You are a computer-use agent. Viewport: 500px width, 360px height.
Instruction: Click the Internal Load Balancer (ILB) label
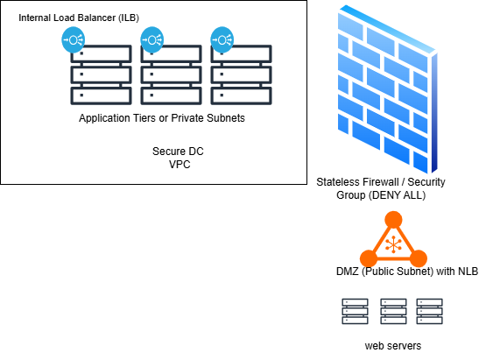pos(79,18)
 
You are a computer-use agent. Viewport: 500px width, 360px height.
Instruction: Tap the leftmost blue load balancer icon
pos(73,40)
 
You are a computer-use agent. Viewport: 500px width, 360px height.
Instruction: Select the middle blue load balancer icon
pos(152,40)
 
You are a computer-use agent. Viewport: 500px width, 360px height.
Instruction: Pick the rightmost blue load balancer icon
pos(222,40)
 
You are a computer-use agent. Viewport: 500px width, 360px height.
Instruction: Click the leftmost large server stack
pos(101,75)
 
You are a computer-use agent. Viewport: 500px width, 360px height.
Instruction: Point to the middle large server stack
pos(172,75)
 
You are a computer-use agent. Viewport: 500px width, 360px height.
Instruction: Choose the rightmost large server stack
pos(242,75)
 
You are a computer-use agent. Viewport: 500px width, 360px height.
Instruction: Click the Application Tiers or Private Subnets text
pos(162,118)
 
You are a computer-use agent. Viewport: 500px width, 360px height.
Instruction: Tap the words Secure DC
pos(178,152)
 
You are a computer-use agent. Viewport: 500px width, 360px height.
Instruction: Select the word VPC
pos(180,165)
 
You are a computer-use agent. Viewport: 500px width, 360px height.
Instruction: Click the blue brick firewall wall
pos(387,89)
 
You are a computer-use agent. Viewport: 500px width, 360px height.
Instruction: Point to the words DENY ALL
pos(397,195)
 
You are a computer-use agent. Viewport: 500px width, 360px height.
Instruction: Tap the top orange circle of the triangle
pos(393,220)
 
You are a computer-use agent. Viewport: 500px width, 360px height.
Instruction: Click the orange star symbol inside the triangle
pos(393,244)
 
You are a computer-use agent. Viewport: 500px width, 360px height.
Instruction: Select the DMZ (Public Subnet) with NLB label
pos(407,272)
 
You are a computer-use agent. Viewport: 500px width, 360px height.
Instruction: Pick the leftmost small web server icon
pos(356,312)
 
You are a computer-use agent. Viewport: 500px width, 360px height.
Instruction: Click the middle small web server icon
pos(393,312)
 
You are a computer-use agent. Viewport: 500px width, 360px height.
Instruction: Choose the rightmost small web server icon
pos(430,312)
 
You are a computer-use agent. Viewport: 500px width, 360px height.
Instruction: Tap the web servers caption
pos(393,346)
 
